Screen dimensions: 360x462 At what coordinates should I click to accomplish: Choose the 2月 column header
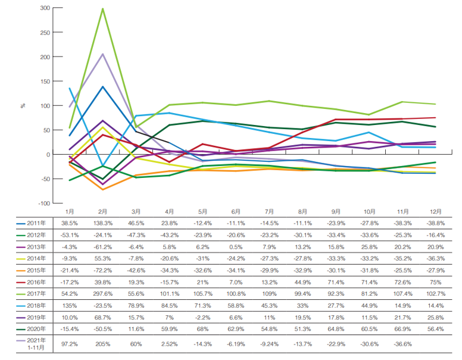(102, 211)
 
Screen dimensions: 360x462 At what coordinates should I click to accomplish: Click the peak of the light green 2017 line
(102, 9)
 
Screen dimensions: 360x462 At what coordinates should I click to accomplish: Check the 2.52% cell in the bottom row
(170, 343)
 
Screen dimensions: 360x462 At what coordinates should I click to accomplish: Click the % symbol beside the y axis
(23, 106)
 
